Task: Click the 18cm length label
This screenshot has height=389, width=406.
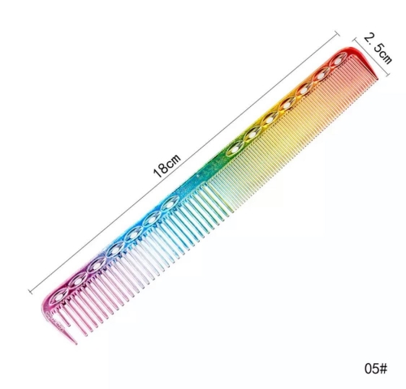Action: click(x=166, y=165)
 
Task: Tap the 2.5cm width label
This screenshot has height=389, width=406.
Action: click(x=378, y=49)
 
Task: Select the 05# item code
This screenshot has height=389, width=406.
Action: click(x=376, y=368)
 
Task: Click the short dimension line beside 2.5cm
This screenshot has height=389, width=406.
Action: click(x=370, y=58)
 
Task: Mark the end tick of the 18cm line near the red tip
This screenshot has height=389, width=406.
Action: click(x=337, y=33)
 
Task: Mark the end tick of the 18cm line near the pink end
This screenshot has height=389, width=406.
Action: click(x=30, y=292)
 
